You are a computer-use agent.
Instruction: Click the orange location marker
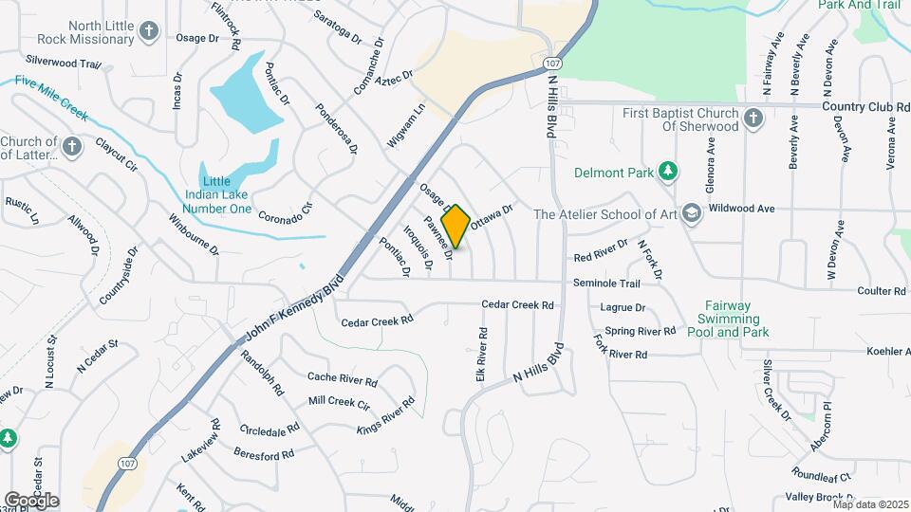click(x=456, y=227)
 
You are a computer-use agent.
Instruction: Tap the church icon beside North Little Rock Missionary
click(x=148, y=32)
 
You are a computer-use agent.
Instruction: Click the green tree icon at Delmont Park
click(x=669, y=172)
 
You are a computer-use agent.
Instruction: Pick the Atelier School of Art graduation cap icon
click(x=690, y=213)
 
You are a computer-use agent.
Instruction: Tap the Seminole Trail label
click(x=606, y=283)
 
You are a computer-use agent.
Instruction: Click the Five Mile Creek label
click(x=52, y=100)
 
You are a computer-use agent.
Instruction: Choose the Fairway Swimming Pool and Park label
click(x=728, y=319)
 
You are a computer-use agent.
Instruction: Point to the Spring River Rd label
click(x=641, y=331)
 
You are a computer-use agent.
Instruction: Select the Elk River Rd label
click(x=482, y=356)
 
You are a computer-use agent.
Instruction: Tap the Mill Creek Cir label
click(x=339, y=402)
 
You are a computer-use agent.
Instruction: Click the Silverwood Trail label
click(x=64, y=62)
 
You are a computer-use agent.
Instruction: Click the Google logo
click(x=31, y=501)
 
